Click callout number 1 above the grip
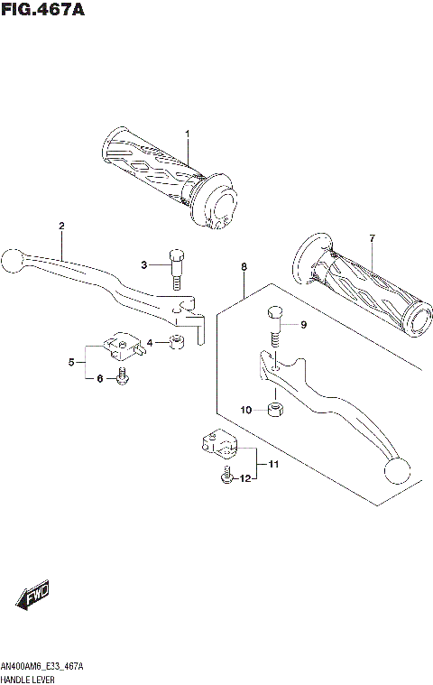pyautogui.click(x=188, y=134)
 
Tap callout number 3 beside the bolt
pyautogui.click(x=143, y=264)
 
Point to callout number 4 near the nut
pyautogui.click(x=150, y=341)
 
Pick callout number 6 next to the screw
pyautogui.click(x=100, y=379)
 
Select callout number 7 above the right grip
pyautogui.click(x=370, y=237)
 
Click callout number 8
pyautogui.click(x=244, y=267)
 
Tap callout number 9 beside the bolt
pyautogui.click(x=304, y=325)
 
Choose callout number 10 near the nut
pyautogui.click(x=245, y=410)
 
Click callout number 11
pyautogui.click(x=272, y=464)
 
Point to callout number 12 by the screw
pyautogui.click(x=244, y=479)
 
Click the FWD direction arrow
pyautogui.click(x=33, y=597)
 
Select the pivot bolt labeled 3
pyautogui.click(x=177, y=264)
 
